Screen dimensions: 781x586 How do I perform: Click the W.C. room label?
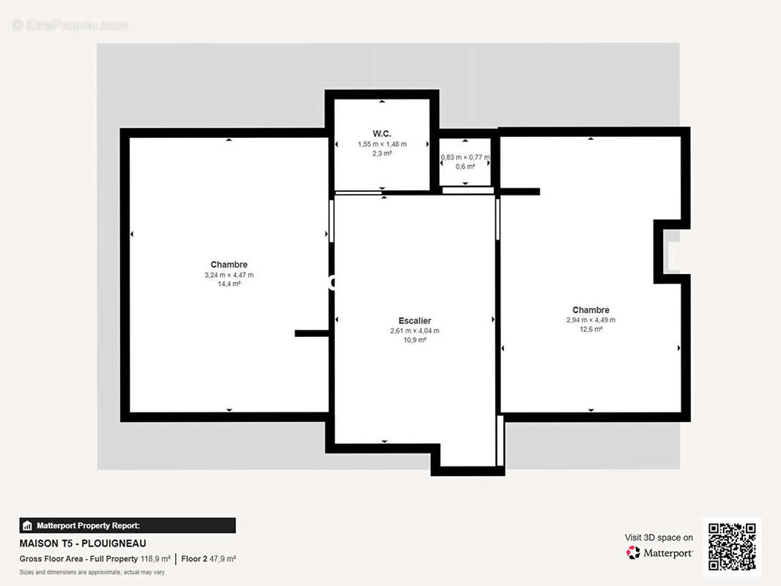(382, 133)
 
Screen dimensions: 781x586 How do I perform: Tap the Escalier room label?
(415, 321)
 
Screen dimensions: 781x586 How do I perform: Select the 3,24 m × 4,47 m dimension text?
(229, 275)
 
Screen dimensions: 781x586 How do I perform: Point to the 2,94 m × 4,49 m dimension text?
(591, 320)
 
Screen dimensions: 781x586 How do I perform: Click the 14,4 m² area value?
(229, 283)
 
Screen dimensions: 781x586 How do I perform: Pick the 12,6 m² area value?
(591, 329)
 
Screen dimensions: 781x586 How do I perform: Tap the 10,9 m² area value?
(415, 340)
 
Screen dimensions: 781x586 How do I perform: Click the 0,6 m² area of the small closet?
(465, 166)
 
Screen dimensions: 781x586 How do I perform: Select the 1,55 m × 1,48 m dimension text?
(382, 144)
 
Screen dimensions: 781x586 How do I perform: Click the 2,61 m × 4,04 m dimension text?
(415, 330)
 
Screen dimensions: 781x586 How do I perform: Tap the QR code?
(732, 546)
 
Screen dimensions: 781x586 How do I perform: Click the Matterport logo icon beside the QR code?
(633, 552)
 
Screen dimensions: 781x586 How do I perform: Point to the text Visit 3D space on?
(659, 538)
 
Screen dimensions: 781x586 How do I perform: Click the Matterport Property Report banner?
(127, 525)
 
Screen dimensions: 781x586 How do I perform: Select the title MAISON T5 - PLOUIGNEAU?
(83, 544)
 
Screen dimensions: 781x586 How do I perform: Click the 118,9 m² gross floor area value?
(155, 559)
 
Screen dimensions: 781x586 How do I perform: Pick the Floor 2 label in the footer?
(194, 559)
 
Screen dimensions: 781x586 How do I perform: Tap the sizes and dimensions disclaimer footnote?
(92, 572)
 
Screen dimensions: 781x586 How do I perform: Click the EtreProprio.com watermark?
(70, 25)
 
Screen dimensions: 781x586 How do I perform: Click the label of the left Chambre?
(229, 264)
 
